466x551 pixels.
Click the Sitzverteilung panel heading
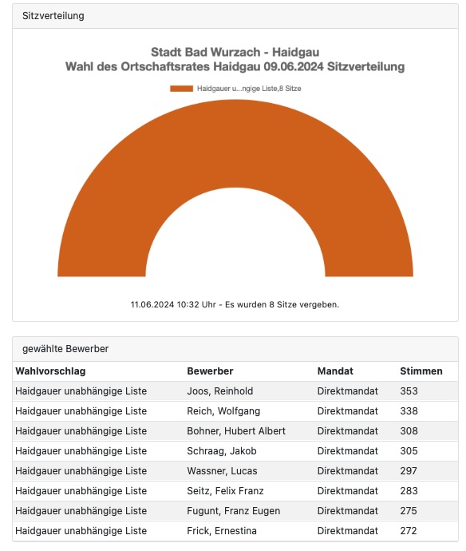53,16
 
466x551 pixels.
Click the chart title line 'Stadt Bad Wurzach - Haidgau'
235,52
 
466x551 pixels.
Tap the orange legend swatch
181,89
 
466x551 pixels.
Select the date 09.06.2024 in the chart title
294,66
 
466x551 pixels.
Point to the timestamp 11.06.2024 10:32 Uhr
173,304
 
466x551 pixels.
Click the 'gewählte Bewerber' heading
65,349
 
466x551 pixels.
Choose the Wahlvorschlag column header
50,371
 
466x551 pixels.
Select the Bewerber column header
210,371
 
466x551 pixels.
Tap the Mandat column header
335,371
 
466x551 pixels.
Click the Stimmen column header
421,371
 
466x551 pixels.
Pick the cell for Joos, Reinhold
219,391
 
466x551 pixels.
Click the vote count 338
409,411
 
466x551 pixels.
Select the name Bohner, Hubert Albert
236,431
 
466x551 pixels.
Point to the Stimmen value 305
409,451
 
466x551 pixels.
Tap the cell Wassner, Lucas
222,471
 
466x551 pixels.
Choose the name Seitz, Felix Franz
225,491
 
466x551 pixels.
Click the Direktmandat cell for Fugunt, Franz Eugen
348,511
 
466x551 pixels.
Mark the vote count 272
409,530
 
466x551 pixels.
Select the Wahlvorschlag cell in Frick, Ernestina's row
81,530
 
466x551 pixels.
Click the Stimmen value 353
409,391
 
